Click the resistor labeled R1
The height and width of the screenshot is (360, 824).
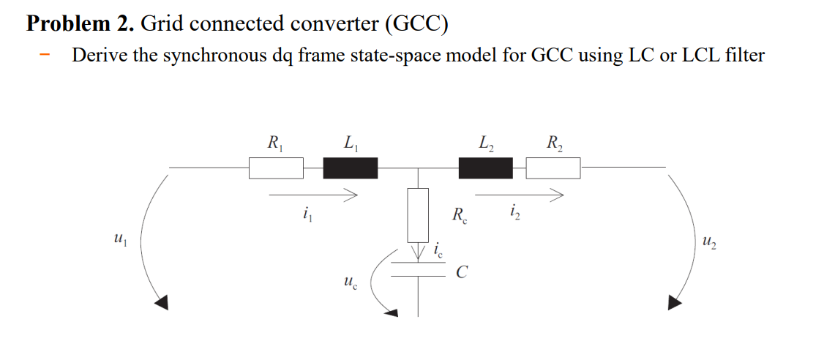[x=276, y=169]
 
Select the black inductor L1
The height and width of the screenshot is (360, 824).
[x=351, y=169]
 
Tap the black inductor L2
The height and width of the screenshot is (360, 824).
[x=485, y=169]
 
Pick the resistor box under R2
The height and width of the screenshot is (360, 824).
[x=553, y=169]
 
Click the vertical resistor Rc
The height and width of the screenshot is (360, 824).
[x=418, y=215]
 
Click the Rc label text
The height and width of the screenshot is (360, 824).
[x=460, y=216]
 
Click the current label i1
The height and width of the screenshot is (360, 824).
[x=305, y=215]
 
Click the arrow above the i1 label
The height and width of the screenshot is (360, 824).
[x=312, y=195]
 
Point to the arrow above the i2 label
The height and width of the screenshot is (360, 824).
[x=519, y=195]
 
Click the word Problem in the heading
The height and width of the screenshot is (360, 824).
[x=70, y=23]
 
